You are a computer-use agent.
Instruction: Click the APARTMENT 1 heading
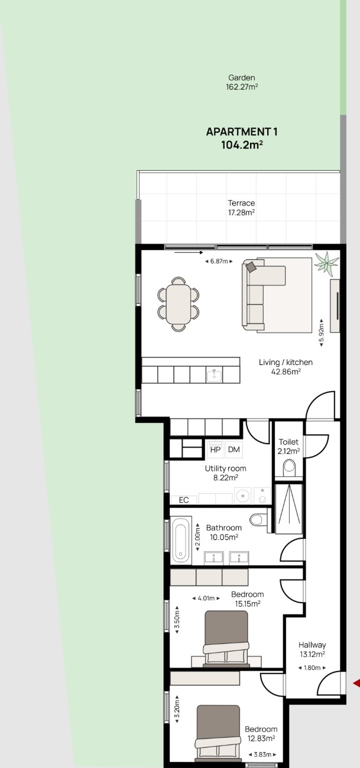tap(242, 132)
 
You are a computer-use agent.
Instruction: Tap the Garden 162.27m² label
tap(242, 82)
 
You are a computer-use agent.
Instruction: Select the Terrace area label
tap(242, 208)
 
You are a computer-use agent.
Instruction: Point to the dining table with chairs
tap(179, 304)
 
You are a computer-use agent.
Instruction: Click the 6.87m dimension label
tap(219, 261)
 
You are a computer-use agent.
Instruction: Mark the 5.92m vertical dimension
tap(321, 332)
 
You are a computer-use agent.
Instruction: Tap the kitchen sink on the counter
tap(214, 375)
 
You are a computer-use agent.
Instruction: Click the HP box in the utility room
tap(215, 450)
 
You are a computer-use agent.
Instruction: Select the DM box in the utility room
tap(233, 450)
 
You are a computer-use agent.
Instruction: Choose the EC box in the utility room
tap(184, 500)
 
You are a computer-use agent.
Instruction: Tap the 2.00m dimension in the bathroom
tap(197, 537)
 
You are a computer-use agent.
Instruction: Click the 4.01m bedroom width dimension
tap(206, 598)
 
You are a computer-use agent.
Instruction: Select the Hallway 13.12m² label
tap(312, 649)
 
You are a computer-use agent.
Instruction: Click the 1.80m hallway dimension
tap(312, 668)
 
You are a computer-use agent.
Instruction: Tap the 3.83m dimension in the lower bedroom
tap(262, 754)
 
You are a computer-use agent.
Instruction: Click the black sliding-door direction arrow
tap(189, 253)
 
